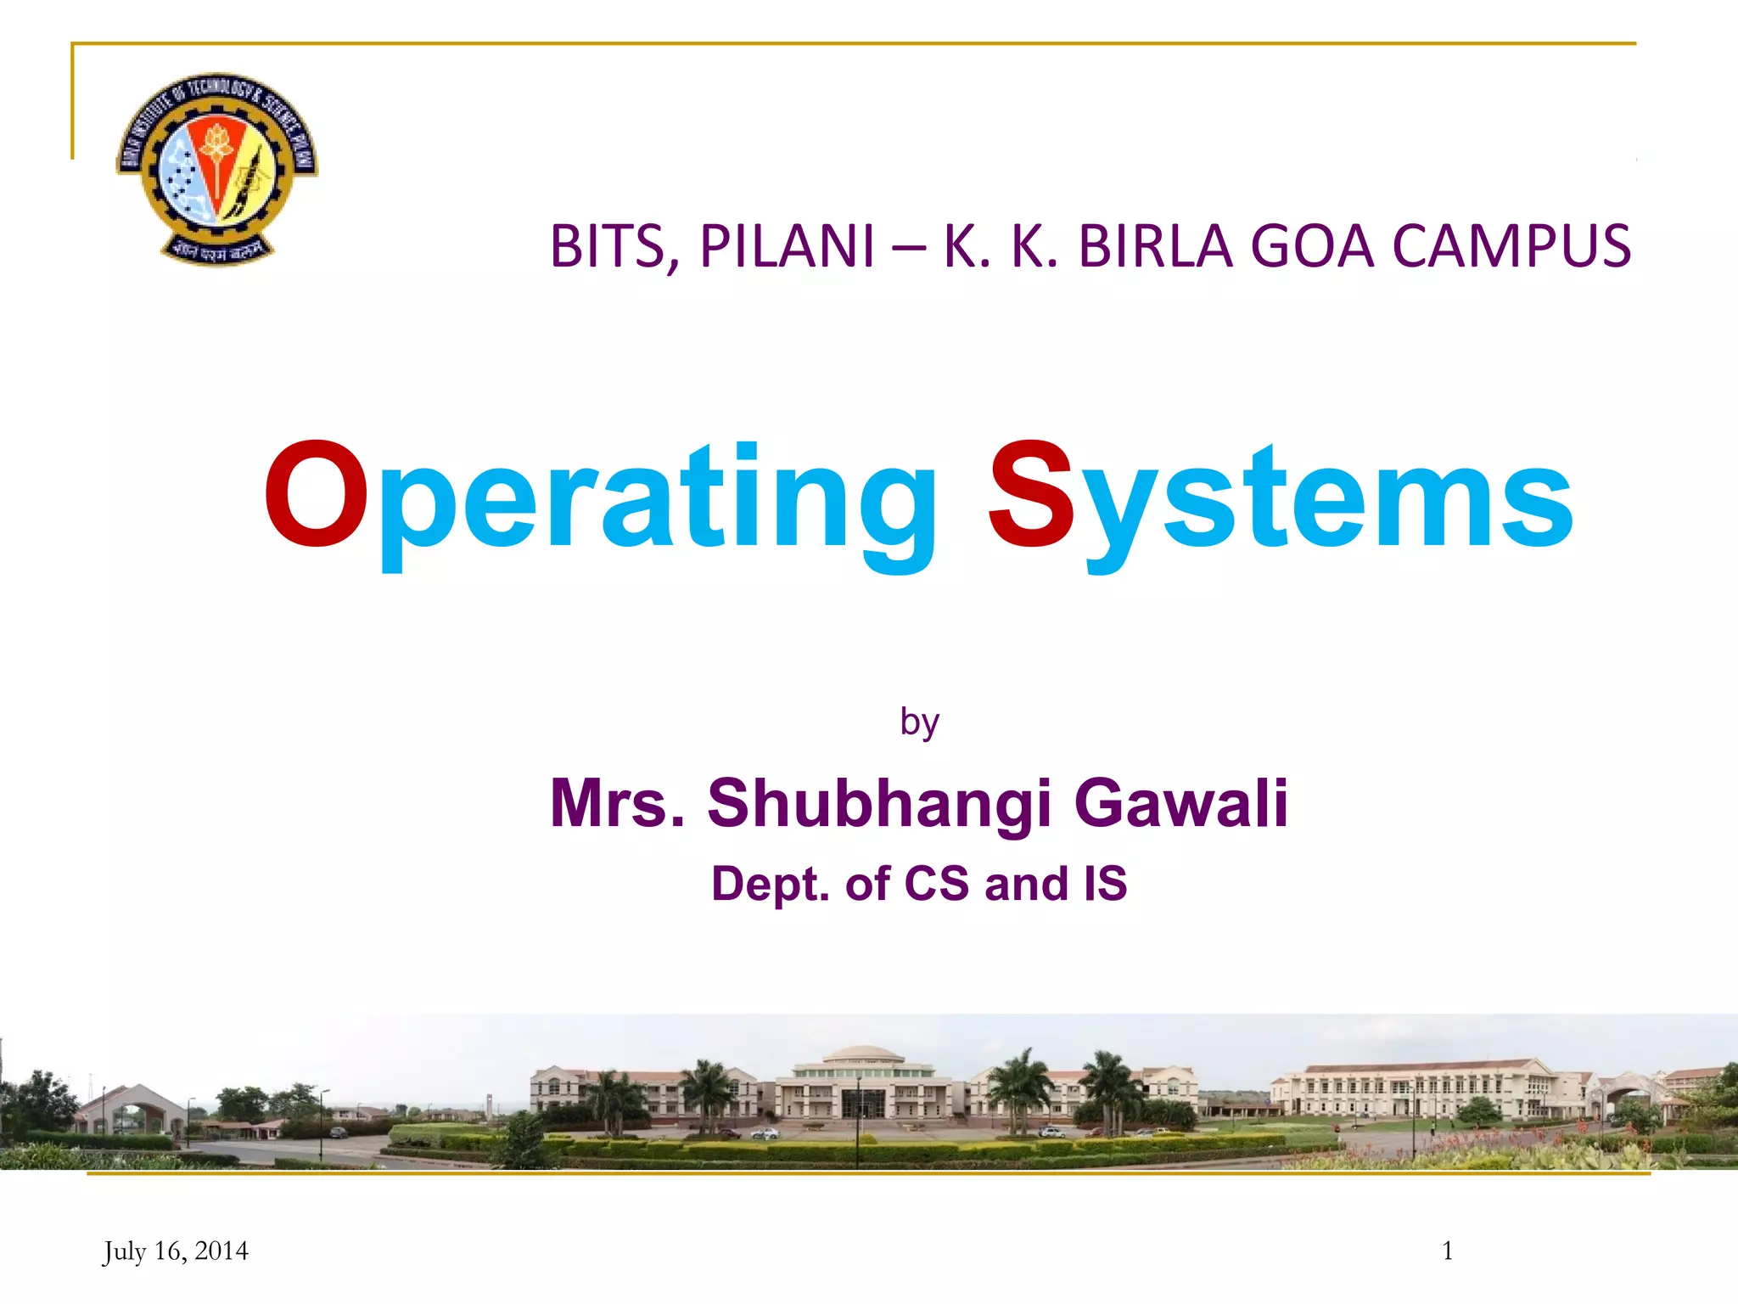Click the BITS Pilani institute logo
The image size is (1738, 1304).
(x=217, y=166)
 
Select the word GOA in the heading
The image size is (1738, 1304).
(x=1311, y=247)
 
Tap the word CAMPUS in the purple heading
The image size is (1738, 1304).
(x=1511, y=247)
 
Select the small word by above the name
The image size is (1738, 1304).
(x=919, y=722)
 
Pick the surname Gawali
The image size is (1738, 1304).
(x=1180, y=802)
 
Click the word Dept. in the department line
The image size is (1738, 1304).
(x=770, y=884)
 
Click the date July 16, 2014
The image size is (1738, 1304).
(x=176, y=1251)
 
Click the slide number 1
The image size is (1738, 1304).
(x=1447, y=1251)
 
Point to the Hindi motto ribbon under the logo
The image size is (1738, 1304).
(x=217, y=250)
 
